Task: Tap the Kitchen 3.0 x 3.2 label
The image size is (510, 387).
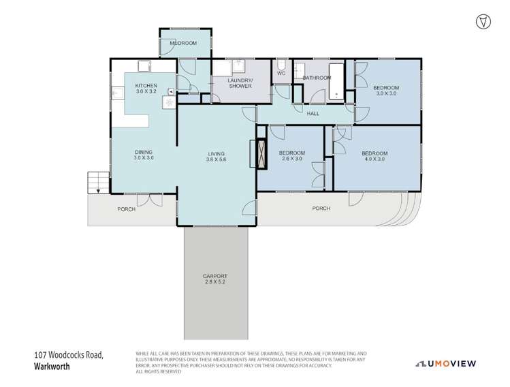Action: (x=146, y=89)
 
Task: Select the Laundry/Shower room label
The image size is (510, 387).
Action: (x=240, y=83)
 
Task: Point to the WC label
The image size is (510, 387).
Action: (x=281, y=73)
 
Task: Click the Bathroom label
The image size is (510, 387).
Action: (x=317, y=78)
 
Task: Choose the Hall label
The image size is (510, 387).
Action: (x=313, y=114)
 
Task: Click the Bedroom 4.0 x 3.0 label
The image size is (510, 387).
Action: (x=374, y=156)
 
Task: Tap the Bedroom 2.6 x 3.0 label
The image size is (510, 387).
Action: (x=291, y=156)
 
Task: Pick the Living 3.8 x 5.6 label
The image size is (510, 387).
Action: (x=216, y=157)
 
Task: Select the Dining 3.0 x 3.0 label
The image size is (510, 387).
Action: (x=143, y=155)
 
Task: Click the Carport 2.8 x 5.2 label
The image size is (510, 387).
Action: (x=215, y=279)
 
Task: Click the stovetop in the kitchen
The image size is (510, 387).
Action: (x=167, y=102)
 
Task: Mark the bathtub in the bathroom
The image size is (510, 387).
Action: (x=337, y=82)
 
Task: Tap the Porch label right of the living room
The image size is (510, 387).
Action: (x=321, y=208)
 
